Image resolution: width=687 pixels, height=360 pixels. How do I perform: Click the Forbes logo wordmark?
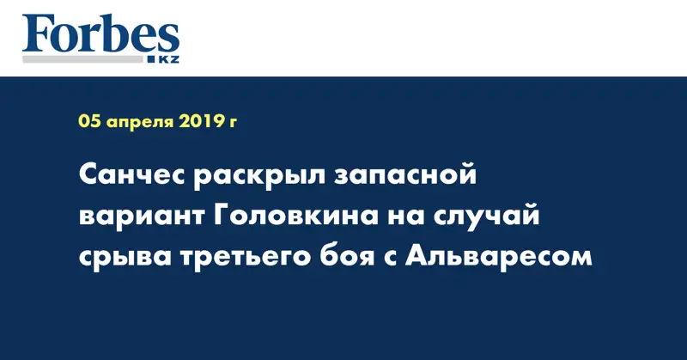(100, 34)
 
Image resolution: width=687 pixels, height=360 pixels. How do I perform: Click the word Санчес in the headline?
(131, 178)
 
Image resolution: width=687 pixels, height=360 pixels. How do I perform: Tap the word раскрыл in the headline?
(258, 178)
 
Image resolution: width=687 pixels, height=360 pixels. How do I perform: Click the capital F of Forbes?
(37, 34)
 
